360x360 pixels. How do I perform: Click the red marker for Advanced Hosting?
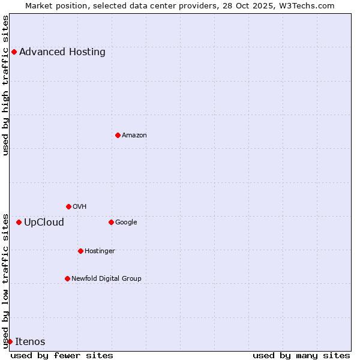click(14, 52)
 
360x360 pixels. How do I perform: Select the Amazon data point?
click(118, 135)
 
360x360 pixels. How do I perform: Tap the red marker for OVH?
click(68, 206)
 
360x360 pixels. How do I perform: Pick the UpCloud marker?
click(19, 222)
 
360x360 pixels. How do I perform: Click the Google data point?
click(111, 222)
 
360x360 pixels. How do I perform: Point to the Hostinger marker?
click(80, 251)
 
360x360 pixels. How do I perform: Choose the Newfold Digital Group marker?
click(67, 278)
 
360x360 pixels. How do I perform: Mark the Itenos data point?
click(10, 341)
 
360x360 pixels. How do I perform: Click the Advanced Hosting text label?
click(62, 52)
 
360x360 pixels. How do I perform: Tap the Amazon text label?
click(134, 135)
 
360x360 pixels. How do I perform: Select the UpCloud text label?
click(44, 222)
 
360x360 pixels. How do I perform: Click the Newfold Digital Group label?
click(107, 278)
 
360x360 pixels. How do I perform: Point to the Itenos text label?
click(30, 341)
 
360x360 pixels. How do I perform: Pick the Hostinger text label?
click(100, 251)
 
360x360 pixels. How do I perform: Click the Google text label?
click(126, 222)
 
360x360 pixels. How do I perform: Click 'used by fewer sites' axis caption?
click(62, 355)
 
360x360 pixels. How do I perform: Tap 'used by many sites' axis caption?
click(301, 355)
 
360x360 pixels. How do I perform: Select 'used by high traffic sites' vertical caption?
click(5, 85)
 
